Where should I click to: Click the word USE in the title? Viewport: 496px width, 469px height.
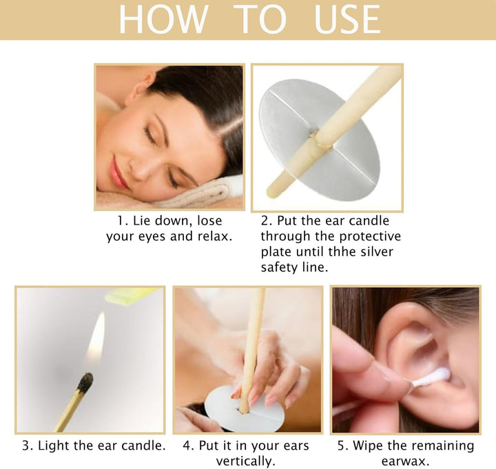pyautogui.click(x=347, y=19)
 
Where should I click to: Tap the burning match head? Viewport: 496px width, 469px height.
pyautogui.click(x=86, y=383)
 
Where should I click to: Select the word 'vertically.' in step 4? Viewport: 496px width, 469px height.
pyautogui.click(x=247, y=461)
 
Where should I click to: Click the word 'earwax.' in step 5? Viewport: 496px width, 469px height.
pyautogui.click(x=405, y=461)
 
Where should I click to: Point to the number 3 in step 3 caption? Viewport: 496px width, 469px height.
pyautogui.click(x=25, y=446)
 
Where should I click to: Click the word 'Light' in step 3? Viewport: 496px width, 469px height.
pyautogui.click(x=55, y=446)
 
